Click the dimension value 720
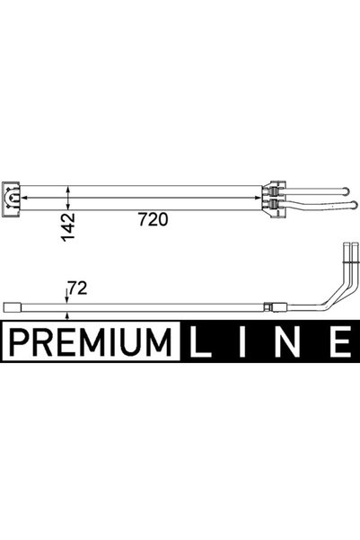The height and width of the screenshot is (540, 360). pos(154,219)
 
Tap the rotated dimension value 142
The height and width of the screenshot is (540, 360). pos(67,227)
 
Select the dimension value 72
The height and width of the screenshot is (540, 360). pos(77,288)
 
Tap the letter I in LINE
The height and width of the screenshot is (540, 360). pos(242,341)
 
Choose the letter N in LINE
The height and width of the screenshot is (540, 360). pos(287,341)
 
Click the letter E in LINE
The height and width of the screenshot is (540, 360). pos(340,341)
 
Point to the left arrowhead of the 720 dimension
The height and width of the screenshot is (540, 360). pos(24,198)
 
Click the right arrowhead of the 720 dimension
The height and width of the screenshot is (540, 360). pos(258,198)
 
